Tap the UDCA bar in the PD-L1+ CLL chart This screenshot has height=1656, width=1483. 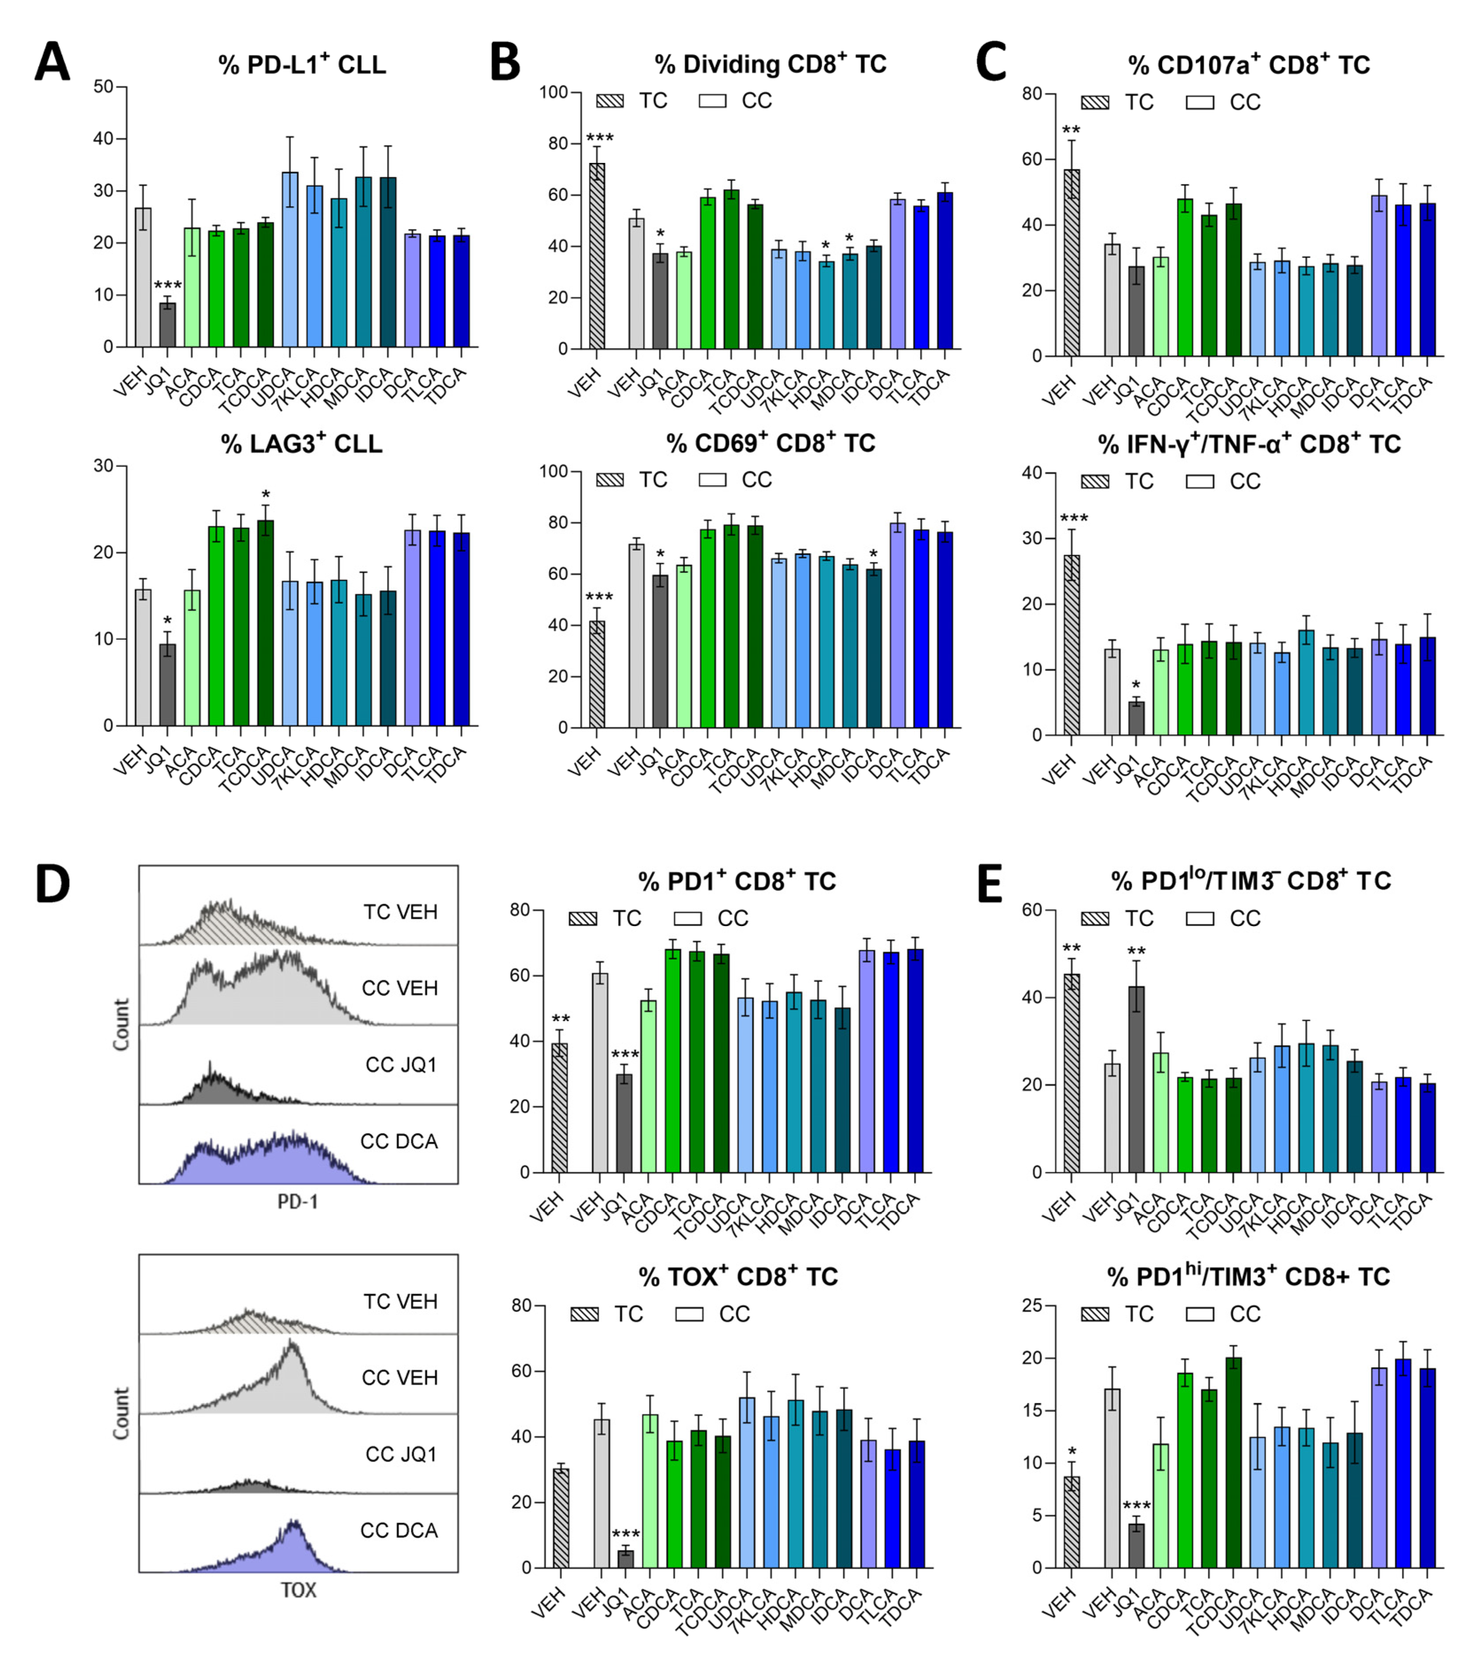(x=289, y=261)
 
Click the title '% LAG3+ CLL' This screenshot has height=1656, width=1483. (x=302, y=444)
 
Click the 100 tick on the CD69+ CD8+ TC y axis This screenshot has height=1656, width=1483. (x=554, y=471)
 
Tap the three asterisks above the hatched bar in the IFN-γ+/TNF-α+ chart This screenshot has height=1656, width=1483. (x=1073, y=519)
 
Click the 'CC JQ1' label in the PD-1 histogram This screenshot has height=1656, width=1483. (x=401, y=1065)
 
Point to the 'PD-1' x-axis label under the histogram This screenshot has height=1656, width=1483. (x=298, y=1201)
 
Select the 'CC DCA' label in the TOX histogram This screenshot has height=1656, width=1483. (x=399, y=1531)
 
